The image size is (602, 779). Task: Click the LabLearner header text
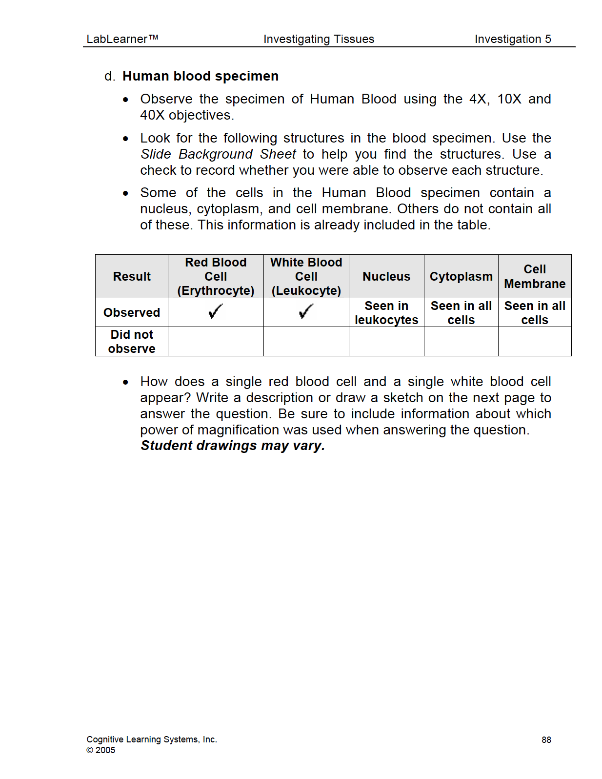pyautogui.click(x=122, y=39)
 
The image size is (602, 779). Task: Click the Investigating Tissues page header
pyautogui.click(x=319, y=39)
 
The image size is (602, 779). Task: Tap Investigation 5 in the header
pyautogui.click(x=512, y=39)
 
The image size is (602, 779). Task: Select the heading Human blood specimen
pyautogui.click(x=200, y=76)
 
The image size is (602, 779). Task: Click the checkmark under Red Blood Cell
pyautogui.click(x=215, y=311)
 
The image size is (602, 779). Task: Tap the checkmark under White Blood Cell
pyautogui.click(x=306, y=311)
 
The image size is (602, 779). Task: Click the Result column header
pyautogui.click(x=132, y=276)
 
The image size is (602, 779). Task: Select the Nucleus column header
pyautogui.click(x=386, y=276)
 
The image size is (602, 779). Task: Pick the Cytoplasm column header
pyautogui.click(x=461, y=276)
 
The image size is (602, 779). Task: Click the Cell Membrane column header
pyautogui.click(x=535, y=276)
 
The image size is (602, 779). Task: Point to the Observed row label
pyautogui.click(x=132, y=312)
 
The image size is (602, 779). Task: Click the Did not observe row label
pyautogui.click(x=132, y=342)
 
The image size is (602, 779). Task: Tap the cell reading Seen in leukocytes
pyautogui.click(x=386, y=313)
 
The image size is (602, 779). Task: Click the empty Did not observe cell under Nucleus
pyautogui.click(x=386, y=342)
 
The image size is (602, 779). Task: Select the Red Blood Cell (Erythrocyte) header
pyautogui.click(x=216, y=276)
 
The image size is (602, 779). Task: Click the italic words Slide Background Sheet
pyautogui.click(x=218, y=154)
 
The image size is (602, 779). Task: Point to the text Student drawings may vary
pyautogui.click(x=233, y=446)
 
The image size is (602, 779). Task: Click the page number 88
pyautogui.click(x=546, y=740)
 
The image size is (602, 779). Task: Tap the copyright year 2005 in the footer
pyautogui.click(x=105, y=750)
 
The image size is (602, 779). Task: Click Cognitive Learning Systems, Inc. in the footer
pyautogui.click(x=151, y=739)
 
